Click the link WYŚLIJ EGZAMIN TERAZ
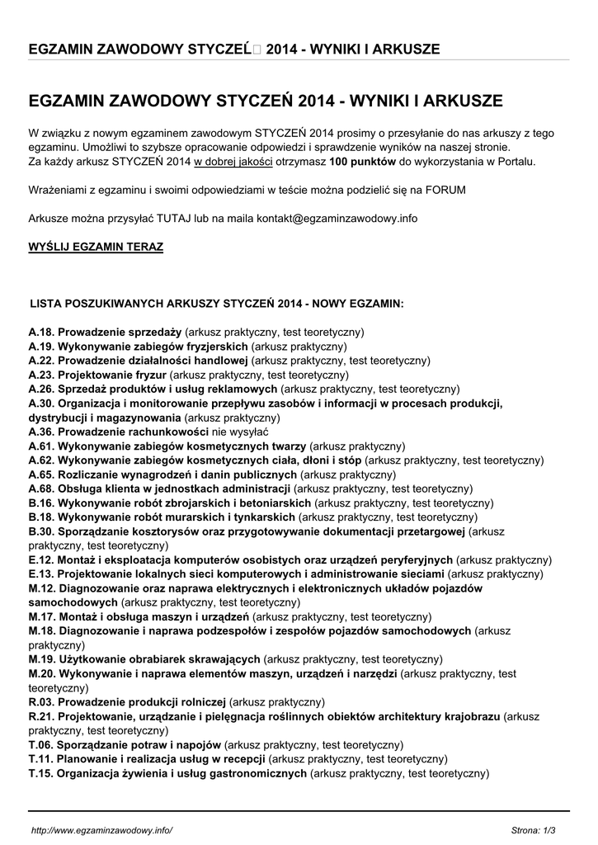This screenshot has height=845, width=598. point(96,247)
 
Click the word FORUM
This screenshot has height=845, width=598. point(447,190)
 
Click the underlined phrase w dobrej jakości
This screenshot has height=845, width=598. point(233,162)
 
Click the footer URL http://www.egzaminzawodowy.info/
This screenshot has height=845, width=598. point(101,828)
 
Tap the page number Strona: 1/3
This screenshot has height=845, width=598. point(534,828)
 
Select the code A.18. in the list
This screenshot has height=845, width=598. point(41,332)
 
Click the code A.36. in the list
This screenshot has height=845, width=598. point(41,432)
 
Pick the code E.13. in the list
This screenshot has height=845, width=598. point(41,574)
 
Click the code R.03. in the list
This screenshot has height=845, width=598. point(41,701)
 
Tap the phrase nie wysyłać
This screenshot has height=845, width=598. point(240,432)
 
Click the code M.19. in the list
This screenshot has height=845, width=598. point(42,659)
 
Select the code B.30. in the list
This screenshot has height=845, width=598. point(41,531)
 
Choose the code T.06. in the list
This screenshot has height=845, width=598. point(41,744)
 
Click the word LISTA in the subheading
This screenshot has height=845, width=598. point(45,304)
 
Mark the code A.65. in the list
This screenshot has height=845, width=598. point(41,474)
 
